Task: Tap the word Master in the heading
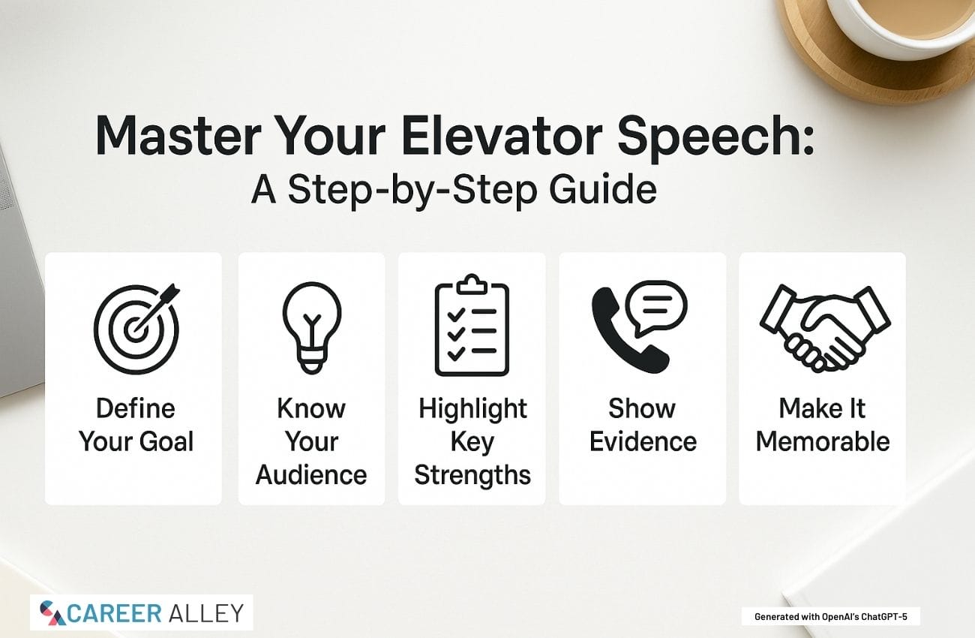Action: [178, 135]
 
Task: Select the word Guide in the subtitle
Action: [603, 189]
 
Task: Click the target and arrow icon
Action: [136, 329]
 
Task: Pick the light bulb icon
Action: [312, 327]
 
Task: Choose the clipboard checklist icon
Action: [472, 325]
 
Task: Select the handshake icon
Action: [825, 328]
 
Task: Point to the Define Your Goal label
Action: [136, 425]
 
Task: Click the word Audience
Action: [311, 474]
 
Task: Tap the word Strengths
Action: [472, 475]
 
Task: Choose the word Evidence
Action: [643, 441]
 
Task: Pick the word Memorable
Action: [823, 441]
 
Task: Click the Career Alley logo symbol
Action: [52, 612]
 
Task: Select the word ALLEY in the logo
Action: [205, 614]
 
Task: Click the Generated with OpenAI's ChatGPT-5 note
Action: [831, 617]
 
